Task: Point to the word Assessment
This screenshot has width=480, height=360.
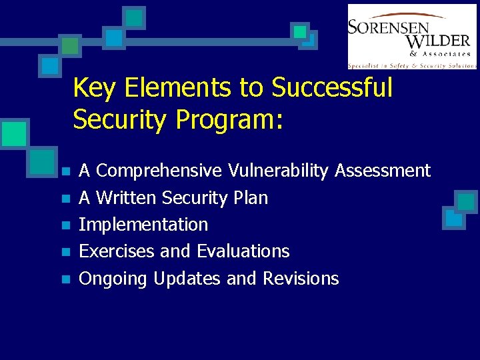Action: [x=383, y=171]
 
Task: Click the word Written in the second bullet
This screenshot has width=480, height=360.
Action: [x=127, y=198]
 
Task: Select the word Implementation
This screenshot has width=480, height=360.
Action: [x=143, y=225]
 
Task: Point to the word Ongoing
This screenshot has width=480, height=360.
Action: [x=113, y=279]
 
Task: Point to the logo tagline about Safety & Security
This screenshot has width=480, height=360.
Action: [x=412, y=65]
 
